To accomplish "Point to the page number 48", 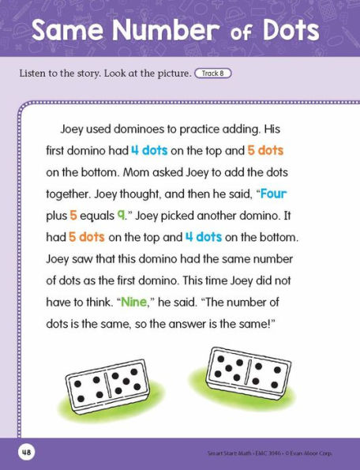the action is point(25,453).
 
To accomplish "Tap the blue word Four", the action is point(273,194).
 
